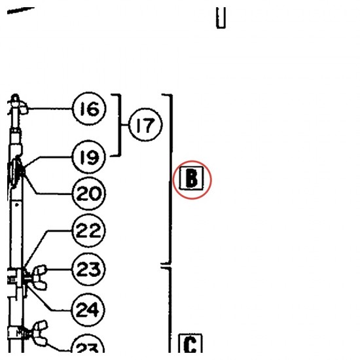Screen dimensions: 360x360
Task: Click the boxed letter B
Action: [x=192, y=179]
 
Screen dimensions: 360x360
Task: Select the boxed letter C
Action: [x=190, y=344]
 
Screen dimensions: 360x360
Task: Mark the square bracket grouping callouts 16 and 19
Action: [x=120, y=125]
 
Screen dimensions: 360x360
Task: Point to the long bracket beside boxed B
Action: [x=171, y=179]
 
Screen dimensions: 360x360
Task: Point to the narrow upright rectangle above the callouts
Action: [x=221, y=18]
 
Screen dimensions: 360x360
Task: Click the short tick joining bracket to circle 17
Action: [x=125, y=125]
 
